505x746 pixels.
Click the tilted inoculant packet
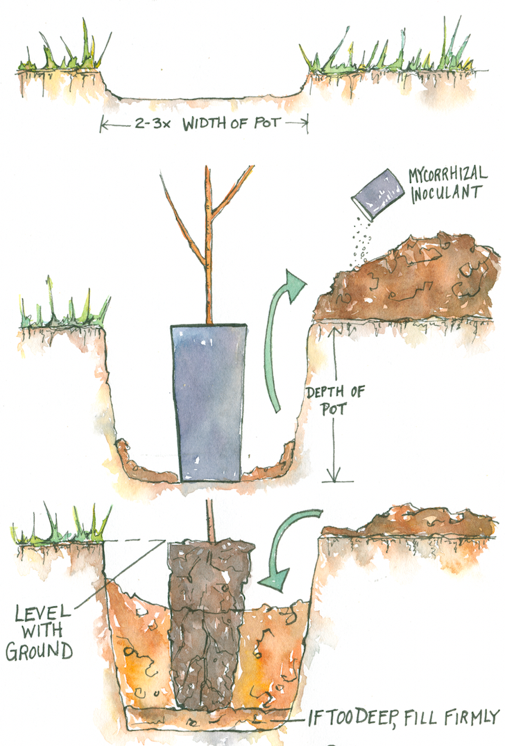click(x=377, y=195)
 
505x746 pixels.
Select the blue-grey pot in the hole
click(x=208, y=402)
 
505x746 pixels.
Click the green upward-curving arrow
click(x=284, y=340)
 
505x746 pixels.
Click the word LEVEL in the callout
click(x=44, y=614)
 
